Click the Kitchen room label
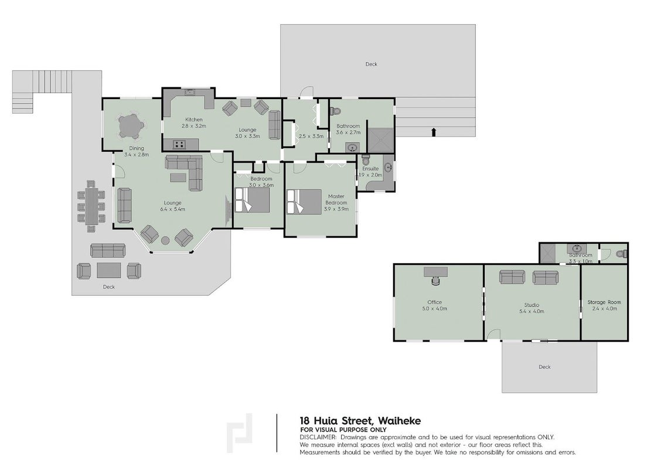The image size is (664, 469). coord(194,120)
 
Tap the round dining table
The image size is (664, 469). coord(129,126)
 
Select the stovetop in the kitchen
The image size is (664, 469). coord(179,144)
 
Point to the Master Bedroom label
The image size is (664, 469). coord(336,199)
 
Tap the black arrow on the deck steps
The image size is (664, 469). coord(433,132)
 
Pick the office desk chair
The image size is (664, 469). coord(436,280)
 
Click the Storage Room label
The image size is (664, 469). coord(604,302)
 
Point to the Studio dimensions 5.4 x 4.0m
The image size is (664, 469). coord(532,311)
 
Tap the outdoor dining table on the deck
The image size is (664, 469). coord(91,206)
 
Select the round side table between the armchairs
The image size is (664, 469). coord(165,240)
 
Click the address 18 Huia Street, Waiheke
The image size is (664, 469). coord(360,421)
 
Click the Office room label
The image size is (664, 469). coord(434,302)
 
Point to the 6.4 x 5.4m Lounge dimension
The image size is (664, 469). coord(173,209)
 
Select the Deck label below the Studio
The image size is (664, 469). coord(544,367)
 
